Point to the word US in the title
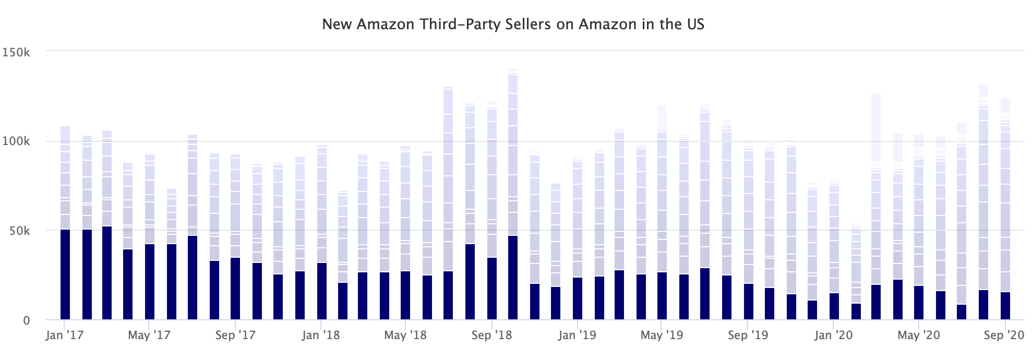coord(695,25)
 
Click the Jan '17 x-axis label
coord(65,335)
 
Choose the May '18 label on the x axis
coord(405,335)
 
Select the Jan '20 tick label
coord(833,335)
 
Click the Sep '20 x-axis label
coord(1004,335)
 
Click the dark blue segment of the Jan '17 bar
coord(65,274)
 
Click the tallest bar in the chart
coord(513,157)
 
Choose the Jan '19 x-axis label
coord(577,335)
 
